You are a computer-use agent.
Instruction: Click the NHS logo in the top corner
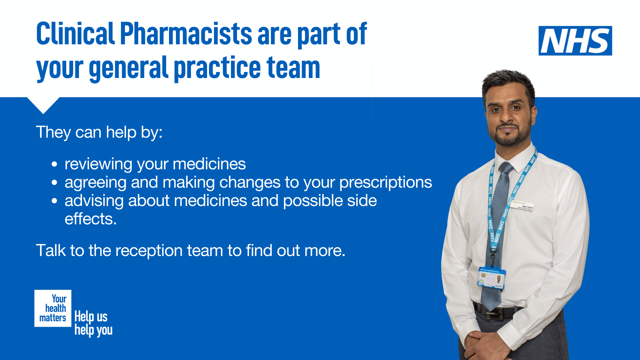pos(575,41)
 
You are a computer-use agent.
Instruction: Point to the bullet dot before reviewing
pos(55,164)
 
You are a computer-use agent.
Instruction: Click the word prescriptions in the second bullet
pos(385,182)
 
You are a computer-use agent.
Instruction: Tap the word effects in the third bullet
pos(90,219)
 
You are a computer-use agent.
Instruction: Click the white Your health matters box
pos(53,308)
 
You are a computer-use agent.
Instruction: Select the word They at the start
pos(53,132)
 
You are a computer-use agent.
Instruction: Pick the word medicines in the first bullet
pos(209,164)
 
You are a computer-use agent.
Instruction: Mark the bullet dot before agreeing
pos(55,183)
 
